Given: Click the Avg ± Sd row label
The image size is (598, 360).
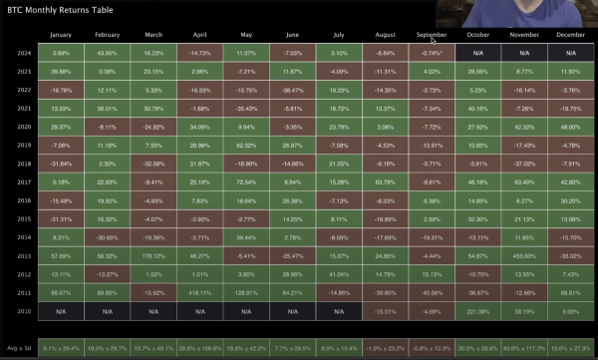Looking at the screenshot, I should click(19, 346).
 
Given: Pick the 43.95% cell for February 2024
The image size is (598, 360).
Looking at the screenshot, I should click(107, 52).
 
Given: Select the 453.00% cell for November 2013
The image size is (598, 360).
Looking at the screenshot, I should click(525, 256).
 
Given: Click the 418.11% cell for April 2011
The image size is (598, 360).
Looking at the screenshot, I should click(199, 293).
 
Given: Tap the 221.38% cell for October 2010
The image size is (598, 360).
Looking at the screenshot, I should click(479, 311).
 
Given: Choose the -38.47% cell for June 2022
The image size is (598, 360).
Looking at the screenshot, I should click(292, 89).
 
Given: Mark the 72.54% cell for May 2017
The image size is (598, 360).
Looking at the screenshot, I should click(245, 181).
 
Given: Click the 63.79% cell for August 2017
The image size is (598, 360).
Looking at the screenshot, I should click(386, 181).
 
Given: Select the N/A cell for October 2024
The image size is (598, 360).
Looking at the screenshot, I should click(479, 52).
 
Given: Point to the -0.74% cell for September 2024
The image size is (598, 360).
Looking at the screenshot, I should click(433, 52).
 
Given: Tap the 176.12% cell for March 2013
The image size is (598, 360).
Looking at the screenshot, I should click(152, 256).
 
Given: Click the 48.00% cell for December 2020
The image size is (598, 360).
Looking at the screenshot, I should click(571, 127).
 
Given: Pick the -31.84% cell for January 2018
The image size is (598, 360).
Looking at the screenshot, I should click(61, 163).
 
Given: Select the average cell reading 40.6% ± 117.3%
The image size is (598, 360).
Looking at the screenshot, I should click(525, 346).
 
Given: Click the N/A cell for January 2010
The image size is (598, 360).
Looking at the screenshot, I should click(61, 311).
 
